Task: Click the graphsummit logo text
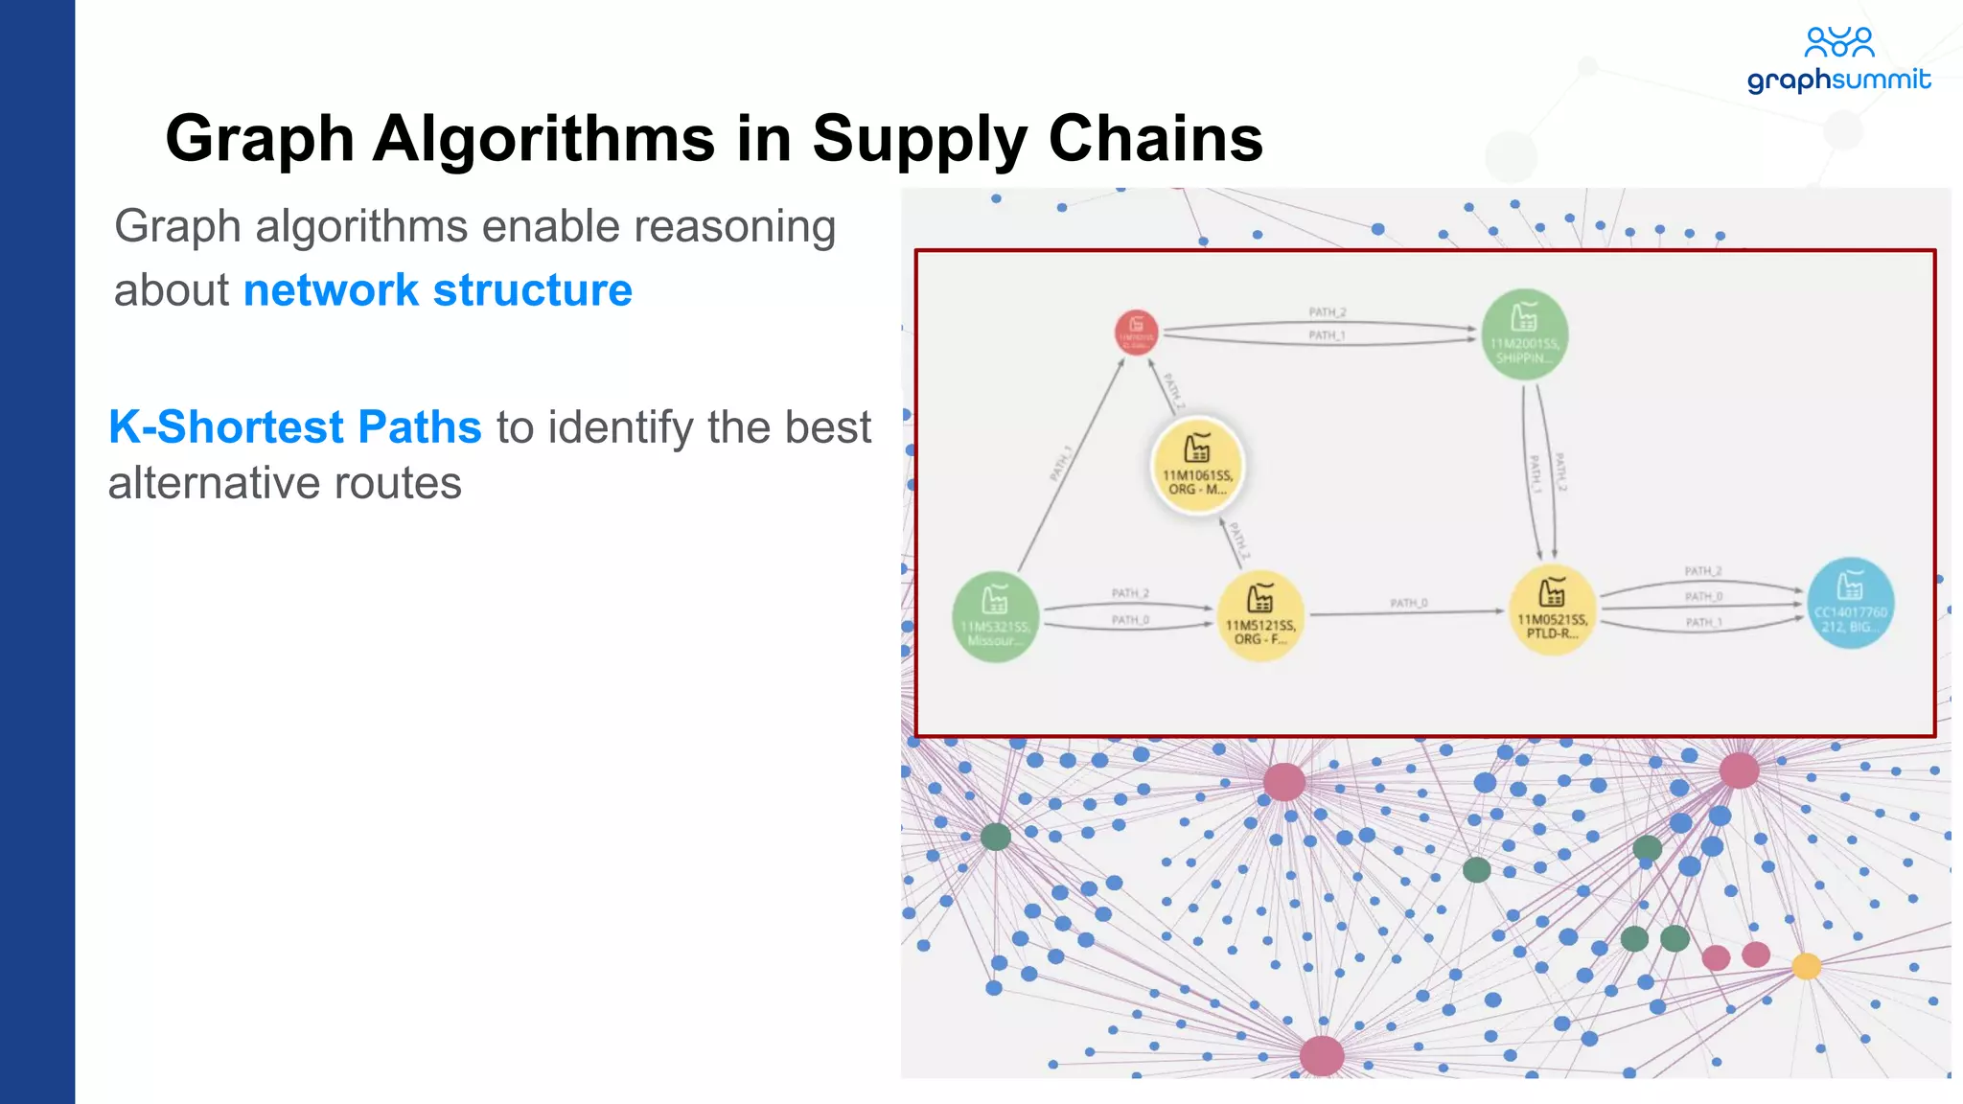tap(1837, 80)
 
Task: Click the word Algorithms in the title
tap(543, 139)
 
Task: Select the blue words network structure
tap(437, 290)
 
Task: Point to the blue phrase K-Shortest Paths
tap(294, 427)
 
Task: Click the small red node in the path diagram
tap(1136, 333)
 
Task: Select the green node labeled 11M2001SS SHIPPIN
tap(1524, 333)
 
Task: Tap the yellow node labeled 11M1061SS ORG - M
tap(1197, 466)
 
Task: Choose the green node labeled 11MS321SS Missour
tap(995, 616)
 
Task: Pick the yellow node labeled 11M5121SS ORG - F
tap(1259, 615)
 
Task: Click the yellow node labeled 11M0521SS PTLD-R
tap(1552, 610)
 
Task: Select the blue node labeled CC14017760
tap(1850, 603)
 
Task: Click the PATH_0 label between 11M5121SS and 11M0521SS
tap(1408, 603)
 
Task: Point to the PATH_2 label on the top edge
tap(1328, 312)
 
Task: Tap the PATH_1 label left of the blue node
tap(1703, 623)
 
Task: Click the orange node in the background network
tap(1806, 966)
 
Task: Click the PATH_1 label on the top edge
tap(1328, 335)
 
